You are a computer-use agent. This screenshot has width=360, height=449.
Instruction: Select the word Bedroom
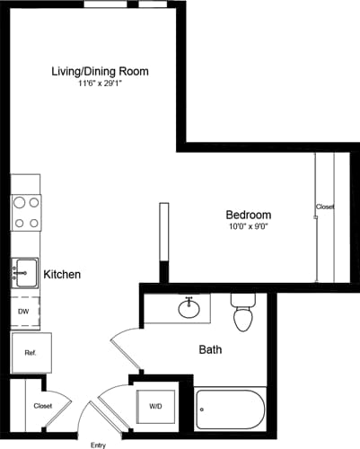tap(248, 216)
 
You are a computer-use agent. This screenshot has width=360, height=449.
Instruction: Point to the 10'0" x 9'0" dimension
tap(248, 228)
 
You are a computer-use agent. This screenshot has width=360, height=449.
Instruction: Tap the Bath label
tap(210, 349)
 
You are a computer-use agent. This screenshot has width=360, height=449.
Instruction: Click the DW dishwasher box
tap(24, 312)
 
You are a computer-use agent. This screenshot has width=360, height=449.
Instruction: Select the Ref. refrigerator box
tap(31, 353)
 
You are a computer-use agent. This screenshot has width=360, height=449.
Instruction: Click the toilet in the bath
tap(243, 313)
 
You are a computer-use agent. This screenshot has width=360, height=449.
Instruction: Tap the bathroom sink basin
tap(189, 310)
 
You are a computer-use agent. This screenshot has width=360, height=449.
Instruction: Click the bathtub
tap(230, 410)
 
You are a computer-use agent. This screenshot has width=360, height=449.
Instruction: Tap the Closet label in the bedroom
tap(325, 207)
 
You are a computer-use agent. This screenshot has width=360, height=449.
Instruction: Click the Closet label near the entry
tap(42, 406)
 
